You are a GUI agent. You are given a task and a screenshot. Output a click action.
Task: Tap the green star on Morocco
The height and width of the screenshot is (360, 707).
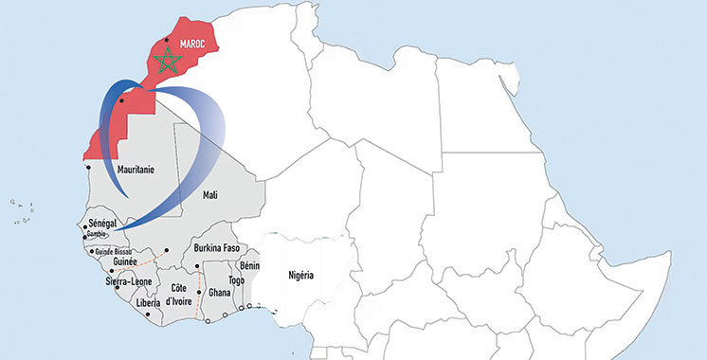[169, 63]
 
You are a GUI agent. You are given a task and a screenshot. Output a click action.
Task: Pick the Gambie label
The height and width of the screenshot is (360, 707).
[99, 233]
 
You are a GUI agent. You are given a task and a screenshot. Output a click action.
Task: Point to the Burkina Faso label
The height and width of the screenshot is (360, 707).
[220, 248]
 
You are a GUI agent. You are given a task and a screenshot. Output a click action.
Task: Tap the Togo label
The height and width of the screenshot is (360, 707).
[237, 280]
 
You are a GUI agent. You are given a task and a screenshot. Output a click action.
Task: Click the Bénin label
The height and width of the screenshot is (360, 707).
[251, 266]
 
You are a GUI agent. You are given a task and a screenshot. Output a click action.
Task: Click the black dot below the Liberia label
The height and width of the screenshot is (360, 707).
[148, 315]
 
